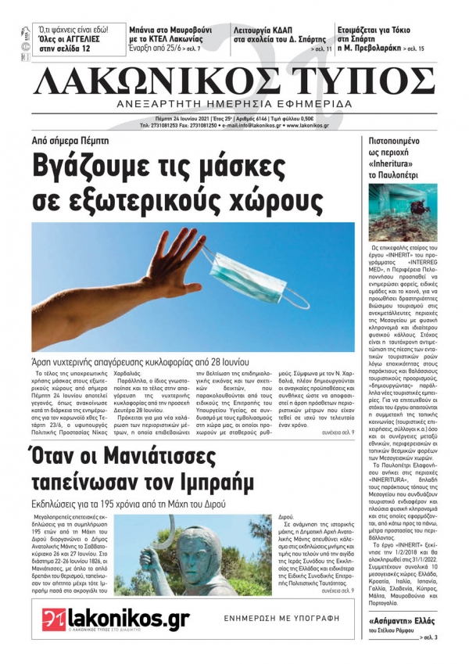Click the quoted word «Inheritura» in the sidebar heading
[395, 164]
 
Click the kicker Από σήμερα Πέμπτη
[71, 141]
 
